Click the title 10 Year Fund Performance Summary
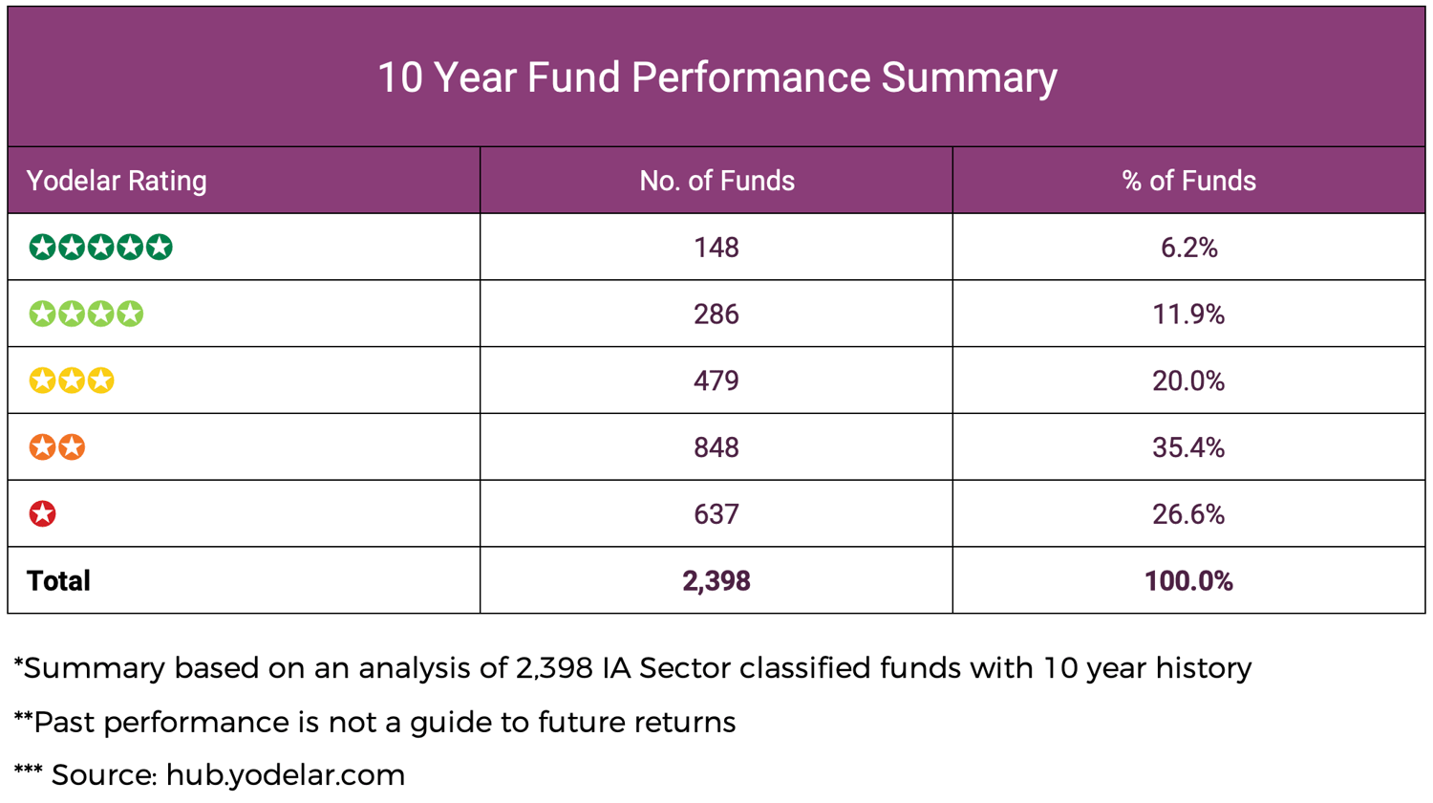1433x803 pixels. [716, 77]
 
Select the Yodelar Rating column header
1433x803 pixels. [117, 181]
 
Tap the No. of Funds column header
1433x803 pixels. [716, 181]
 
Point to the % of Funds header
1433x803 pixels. [1188, 181]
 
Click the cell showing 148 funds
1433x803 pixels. [716, 248]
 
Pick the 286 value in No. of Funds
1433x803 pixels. [716, 315]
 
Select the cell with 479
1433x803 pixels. [716, 380]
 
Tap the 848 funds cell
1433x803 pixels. [716, 447]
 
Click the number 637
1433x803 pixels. [716, 514]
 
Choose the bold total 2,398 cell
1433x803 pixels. [716, 581]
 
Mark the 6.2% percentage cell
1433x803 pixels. [1188, 248]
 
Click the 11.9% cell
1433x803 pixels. [1188, 315]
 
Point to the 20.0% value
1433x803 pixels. [1188, 380]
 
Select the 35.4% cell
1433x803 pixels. [1188, 447]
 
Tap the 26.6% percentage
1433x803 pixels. [1188, 514]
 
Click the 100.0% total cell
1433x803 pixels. [1188, 581]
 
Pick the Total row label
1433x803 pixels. [58, 581]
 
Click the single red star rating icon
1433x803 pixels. [42, 514]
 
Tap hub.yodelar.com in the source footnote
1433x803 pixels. [286, 775]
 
